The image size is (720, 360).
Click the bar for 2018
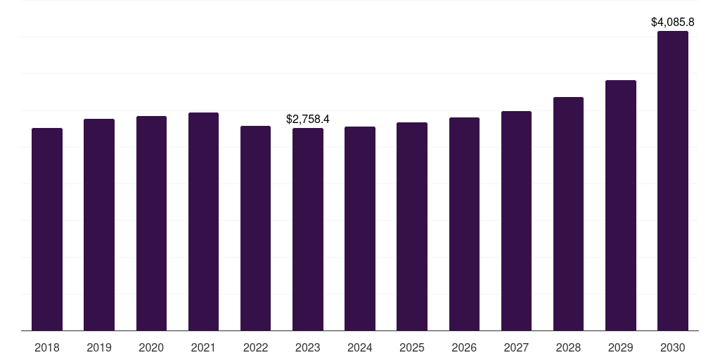47,229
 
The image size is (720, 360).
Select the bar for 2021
203,221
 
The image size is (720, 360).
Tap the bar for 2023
308,229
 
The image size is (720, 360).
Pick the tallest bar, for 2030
673,181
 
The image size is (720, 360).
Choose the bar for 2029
621,205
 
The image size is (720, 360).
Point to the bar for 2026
464,224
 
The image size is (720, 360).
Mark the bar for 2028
568,214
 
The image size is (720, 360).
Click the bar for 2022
256,228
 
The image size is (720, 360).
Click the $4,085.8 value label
673,22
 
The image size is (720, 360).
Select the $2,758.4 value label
308,120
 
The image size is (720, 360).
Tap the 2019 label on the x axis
99,347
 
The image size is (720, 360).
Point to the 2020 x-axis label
151,347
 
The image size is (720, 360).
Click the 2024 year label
360,347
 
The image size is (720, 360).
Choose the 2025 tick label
412,347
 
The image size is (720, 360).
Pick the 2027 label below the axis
516,347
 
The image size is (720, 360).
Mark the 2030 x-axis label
673,347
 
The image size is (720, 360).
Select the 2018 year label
47,347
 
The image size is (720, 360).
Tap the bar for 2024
360,229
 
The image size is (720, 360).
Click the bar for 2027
516,221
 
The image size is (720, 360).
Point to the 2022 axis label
256,347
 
